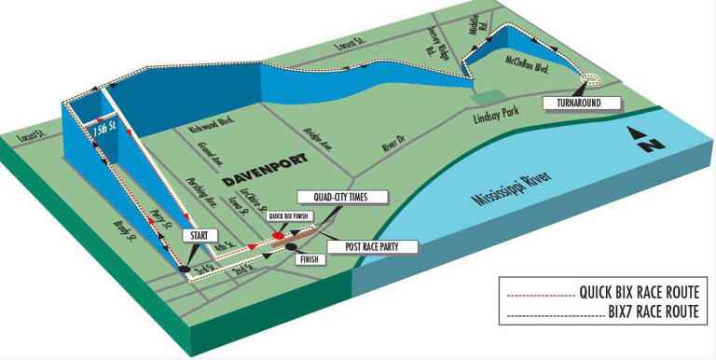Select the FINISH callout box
click(310, 260)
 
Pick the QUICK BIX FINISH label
click(287, 215)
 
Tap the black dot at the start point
click(185, 270)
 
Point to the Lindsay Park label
click(494, 118)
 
